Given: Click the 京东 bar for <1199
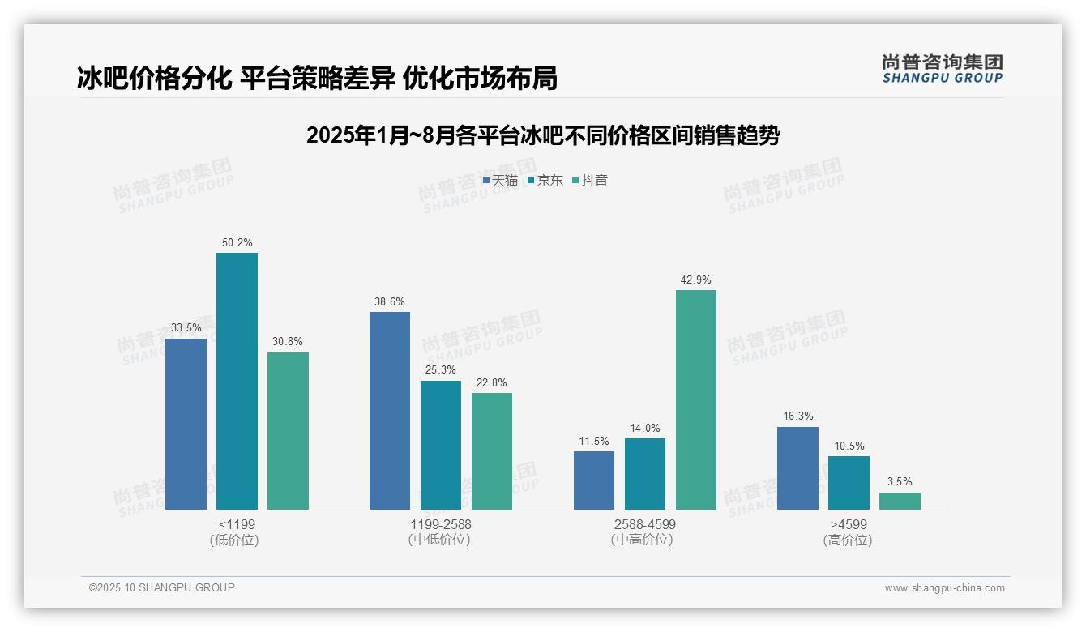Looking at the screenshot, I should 237,381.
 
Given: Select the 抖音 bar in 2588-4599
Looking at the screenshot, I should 696,399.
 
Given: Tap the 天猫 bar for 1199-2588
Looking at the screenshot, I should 390,411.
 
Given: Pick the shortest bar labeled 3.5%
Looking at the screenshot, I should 900,501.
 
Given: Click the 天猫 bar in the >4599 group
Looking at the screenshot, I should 797,468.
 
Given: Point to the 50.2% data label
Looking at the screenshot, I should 237,242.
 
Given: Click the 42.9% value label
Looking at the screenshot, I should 696,280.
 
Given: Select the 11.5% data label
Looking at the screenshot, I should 594,442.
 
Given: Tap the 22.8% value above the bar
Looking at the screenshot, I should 492,383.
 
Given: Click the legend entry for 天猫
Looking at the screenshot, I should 500,181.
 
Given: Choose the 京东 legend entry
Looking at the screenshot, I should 545,181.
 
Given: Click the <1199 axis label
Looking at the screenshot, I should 237,524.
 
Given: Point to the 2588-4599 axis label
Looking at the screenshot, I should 644,524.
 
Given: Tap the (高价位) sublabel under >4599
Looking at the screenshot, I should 848,540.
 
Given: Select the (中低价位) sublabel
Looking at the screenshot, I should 440,540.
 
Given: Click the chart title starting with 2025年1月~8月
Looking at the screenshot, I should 543,135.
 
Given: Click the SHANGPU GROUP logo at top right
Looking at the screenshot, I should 942,69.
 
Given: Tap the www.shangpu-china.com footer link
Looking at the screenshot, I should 944,588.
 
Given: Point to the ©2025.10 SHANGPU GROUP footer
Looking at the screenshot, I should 162,587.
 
